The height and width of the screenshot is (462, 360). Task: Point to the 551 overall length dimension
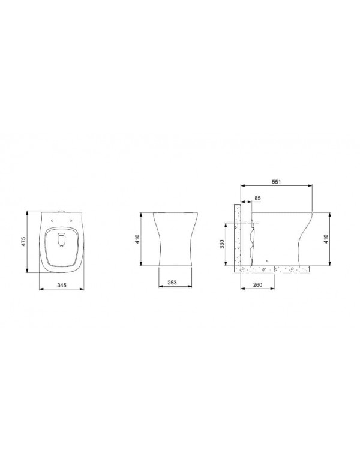pyautogui.click(x=276, y=181)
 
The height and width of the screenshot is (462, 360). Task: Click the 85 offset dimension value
pyautogui.click(x=258, y=197)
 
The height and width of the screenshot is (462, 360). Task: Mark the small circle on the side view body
pyautogui.click(x=266, y=262)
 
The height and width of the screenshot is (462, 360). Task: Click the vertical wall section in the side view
pyautogui.click(x=237, y=237)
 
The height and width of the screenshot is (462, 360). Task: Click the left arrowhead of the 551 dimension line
pyautogui.click(x=241, y=185)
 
